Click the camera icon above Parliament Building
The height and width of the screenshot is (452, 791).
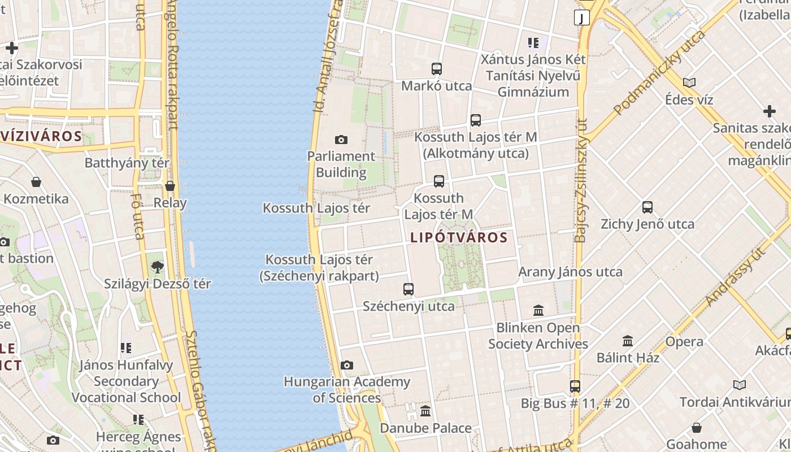pyautogui.click(x=341, y=140)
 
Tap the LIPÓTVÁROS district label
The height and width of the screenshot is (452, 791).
pyautogui.click(x=459, y=238)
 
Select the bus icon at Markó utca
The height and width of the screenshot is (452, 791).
pyautogui.click(x=436, y=69)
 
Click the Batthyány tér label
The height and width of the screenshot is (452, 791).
pyautogui.click(x=127, y=163)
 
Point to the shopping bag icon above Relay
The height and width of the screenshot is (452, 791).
pyautogui.click(x=170, y=186)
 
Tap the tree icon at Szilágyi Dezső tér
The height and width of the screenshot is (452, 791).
pyautogui.click(x=158, y=267)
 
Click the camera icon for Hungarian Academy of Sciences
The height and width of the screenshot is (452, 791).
pyautogui.click(x=347, y=366)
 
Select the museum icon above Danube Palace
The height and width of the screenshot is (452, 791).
pyautogui.click(x=425, y=411)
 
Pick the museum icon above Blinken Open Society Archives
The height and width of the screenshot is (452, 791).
pyautogui.click(x=538, y=310)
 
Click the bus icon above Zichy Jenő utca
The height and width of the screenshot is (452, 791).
pyautogui.click(x=647, y=207)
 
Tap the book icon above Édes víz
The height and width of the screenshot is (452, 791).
pyautogui.click(x=689, y=83)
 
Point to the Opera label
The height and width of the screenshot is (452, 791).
pyautogui.click(x=684, y=342)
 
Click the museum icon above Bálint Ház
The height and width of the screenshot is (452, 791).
pyautogui.click(x=628, y=341)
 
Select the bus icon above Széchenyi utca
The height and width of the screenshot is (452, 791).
pyautogui.click(x=408, y=289)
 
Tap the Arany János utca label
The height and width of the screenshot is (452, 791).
pyautogui.click(x=570, y=272)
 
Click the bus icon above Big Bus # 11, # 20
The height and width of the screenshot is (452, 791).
pyautogui.click(x=575, y=386)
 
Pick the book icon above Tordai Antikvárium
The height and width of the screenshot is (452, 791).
pyautogui.click(x=740, y=385)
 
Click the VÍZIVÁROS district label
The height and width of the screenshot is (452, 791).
pyautogui.click(x=42, y=136)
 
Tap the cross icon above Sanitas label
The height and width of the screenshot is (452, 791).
pyautogui.click(x=769, y=111)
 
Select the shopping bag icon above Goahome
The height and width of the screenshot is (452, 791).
pyautogui.click(x=697, y=428)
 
